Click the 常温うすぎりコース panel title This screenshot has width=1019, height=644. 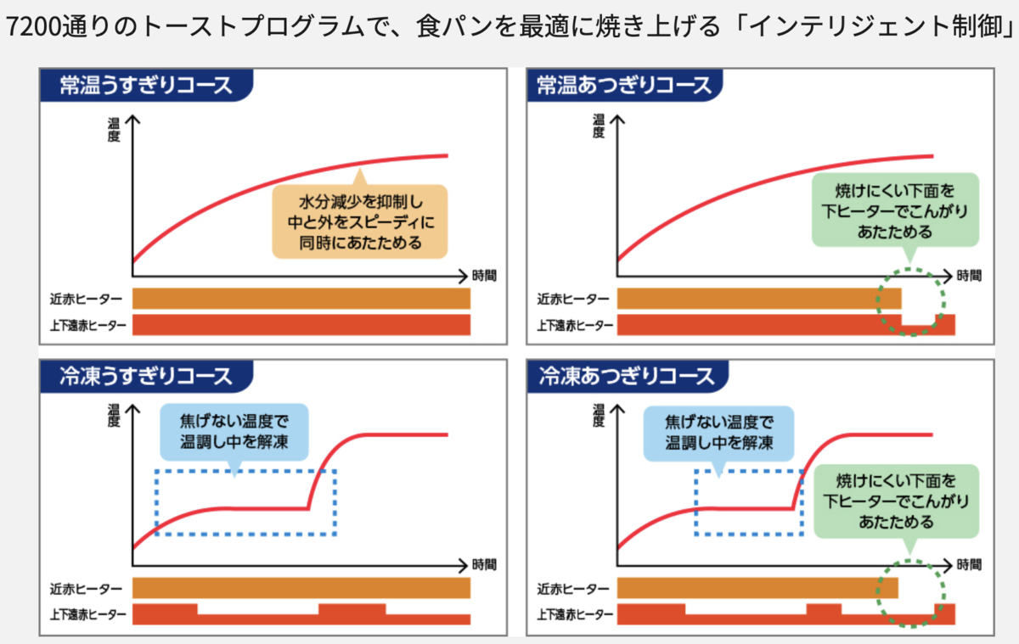(144, 85)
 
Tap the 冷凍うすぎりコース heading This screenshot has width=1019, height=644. (144, 375)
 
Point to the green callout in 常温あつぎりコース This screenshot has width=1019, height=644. (895, 209)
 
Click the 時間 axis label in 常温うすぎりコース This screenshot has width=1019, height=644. (481, 275)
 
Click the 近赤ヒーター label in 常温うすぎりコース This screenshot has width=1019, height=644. (85, 299)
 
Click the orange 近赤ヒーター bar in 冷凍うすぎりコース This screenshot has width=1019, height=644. (301, 588)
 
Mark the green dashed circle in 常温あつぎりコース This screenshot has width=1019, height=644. (909, 301)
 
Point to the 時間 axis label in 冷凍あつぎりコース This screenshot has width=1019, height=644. (968, 564)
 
